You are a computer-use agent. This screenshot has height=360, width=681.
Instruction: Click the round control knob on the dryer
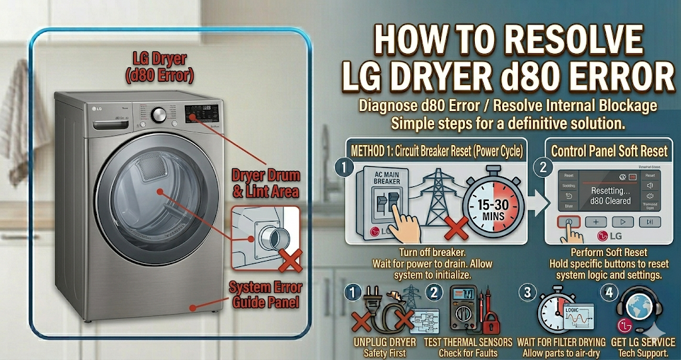coord(159,114)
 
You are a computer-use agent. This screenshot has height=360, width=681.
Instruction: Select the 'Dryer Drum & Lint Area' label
coord(265,184)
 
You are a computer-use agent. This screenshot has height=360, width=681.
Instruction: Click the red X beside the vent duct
coord(289,260)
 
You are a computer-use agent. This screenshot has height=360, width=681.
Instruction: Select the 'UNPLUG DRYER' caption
coord(384,342)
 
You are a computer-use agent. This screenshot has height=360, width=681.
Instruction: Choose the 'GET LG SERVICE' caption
coord(642,342)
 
